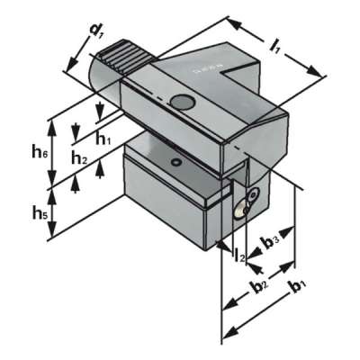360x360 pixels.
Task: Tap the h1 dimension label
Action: pyautogui.click(x=104, y=139)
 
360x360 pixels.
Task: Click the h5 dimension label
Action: pyautogui.click(x=40, y=213)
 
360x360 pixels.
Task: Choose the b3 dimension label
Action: pyautogui.click(x=270, y=242)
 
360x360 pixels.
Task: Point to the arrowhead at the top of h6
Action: pyautogui.click(x=54, y=120)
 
